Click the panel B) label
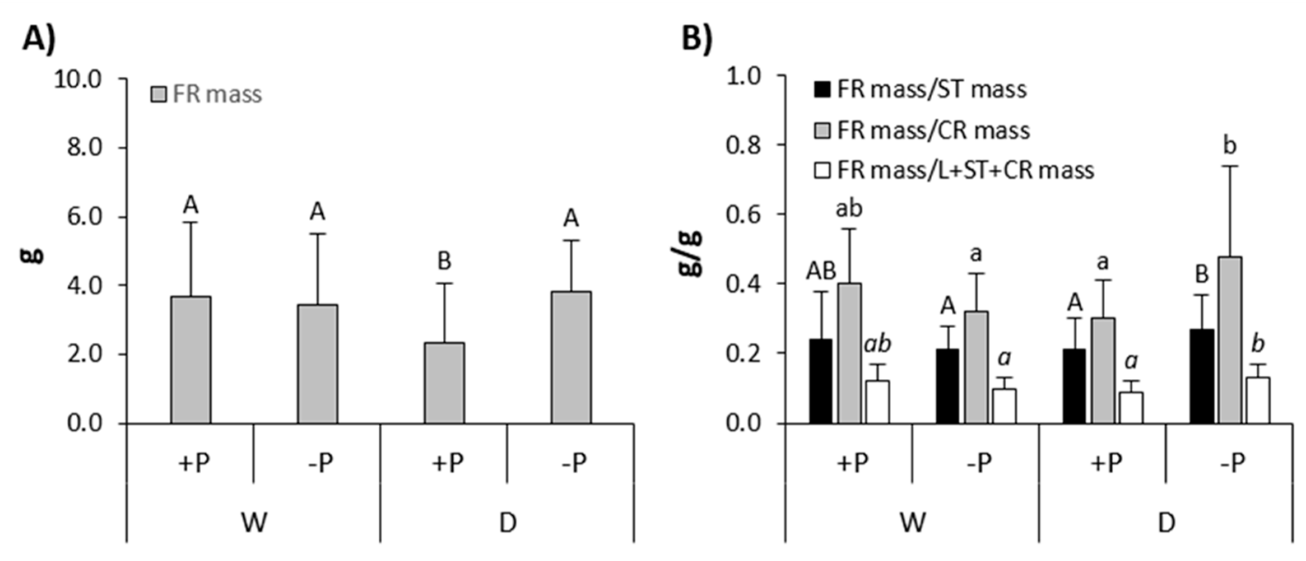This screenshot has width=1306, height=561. click(x=697, y=38)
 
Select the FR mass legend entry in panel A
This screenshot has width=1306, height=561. click(x=207, y=94)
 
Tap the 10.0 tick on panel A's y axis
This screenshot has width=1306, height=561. click(x=78, y=79)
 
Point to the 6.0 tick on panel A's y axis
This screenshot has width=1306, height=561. click(x=84, y=217)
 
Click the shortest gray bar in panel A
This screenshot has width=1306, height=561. click(x=444, y=383)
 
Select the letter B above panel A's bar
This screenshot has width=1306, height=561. click(x=444, y=262)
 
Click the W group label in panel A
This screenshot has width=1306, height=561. click(x=254, y=522)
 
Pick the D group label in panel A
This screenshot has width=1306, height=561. click(x=508, y=522)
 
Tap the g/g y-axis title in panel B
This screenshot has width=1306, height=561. click(x=691, y=253)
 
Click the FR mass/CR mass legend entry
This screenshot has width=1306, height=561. click(x=922, y=130)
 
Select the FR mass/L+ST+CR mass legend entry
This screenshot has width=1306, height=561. click(x=953, y=171)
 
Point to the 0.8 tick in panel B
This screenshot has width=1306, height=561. click(x=744, y=145)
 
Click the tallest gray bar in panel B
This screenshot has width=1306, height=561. click(x=1230, y=340)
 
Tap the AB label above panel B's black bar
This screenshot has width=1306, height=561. click(x=821, y=271)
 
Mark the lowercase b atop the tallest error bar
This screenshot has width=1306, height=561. click(x=1230, y=146)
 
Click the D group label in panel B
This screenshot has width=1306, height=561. click(x=1166, y=522)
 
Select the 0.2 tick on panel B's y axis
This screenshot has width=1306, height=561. click(x=744, y=353)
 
